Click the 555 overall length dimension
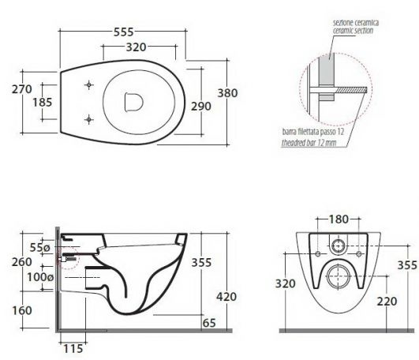pyautogui.click(x=123, y=32)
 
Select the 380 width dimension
pyautogui.click(x=227, y=93)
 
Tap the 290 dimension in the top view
pyautogui.click(x=201, y=106)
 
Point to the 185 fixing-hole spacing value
pyautogui.click(x=43, y=102)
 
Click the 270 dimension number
pyautogui.click(x=22, y=89)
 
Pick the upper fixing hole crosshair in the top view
pyautogui.click(x=89, y=85)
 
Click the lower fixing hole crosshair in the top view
pyautogui.click(x=89, y=119)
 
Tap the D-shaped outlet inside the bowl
pyautogui.click(x=134, y=102)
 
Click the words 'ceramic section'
pyautogui.click(x=353, y=31)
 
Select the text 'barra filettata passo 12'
pyautogui.click(x=313, y=132)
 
